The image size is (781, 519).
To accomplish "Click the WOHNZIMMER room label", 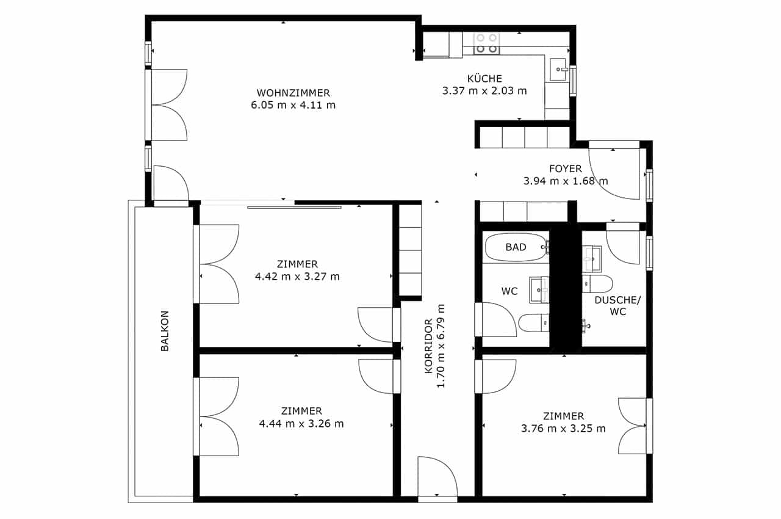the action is [x=293, y=93].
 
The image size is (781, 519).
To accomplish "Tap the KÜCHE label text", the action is [x=484, y=78].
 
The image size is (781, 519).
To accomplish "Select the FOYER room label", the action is [x=566, y=169].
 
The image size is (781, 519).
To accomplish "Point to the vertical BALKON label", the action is [x=165, y=331].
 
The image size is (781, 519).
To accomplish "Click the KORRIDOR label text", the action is [x=428, y=346].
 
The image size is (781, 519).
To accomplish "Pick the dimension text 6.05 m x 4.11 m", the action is [x=293, y=105].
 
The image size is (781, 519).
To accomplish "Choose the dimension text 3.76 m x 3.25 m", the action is [x=563, y=428].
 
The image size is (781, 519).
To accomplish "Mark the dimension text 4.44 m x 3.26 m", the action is [x=301, y=423].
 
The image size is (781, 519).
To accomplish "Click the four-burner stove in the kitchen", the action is [x=486, y=43].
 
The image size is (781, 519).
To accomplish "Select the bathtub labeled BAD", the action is [x=516, y=247].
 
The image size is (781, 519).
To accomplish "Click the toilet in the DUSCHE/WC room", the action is [x=597, y=284].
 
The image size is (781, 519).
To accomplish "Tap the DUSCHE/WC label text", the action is [x=617, y=305].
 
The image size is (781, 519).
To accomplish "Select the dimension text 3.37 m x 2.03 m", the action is [x=484, y=91].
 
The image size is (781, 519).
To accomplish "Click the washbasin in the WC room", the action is [x=539, y=289].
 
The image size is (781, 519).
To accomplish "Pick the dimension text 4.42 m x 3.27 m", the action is [x=297, y=277].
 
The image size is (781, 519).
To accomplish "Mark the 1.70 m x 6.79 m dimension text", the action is [x=441, y=346].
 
